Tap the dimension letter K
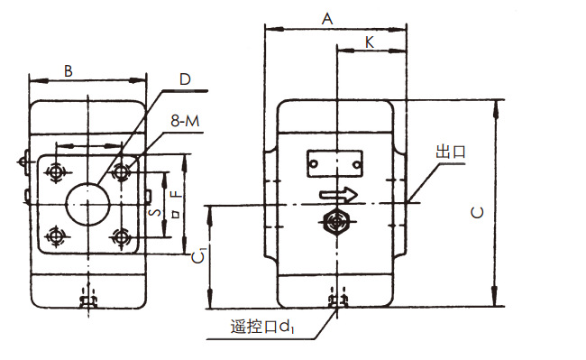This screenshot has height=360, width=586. [x=371, y=42]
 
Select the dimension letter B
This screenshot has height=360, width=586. [x=69, y=69]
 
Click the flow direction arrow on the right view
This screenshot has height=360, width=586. [x=339, y=194]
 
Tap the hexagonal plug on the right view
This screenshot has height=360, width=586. [x=336, y=221]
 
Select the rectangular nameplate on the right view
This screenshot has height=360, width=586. [x=335, y=162]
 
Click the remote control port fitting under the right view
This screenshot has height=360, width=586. [x=337, y=299]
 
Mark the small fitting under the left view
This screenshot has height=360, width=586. [x=88, y=298]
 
